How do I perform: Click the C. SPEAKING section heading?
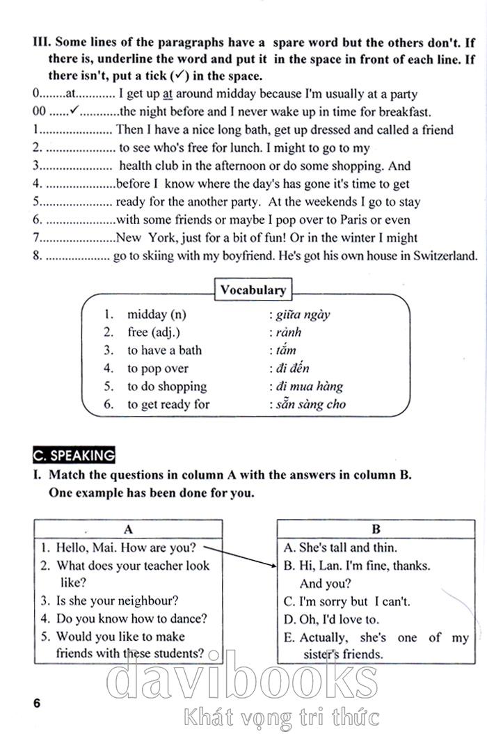[74, 456]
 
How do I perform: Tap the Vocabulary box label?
[253, 290]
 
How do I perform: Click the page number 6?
[37, 703]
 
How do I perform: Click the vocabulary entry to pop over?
[157, 369]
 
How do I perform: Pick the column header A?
[128, 529]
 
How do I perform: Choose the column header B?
[376, 529]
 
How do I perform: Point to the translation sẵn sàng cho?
[310, 404]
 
